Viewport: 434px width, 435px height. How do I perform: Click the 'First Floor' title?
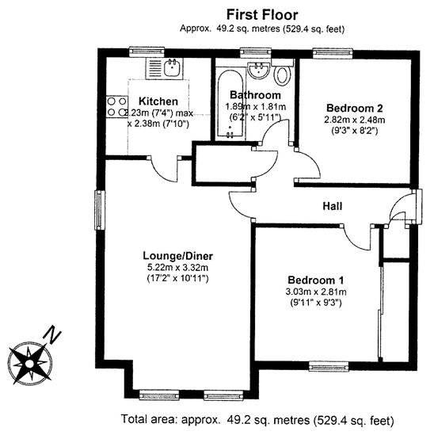262,15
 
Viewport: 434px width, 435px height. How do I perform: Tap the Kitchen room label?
158,101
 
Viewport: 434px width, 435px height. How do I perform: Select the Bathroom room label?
255,95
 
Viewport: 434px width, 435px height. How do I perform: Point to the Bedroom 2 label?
355,108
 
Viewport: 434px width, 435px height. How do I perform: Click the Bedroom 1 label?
315,280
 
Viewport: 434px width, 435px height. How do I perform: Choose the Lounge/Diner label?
177,256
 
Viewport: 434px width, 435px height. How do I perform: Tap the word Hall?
332,206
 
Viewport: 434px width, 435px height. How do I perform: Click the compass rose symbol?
29,364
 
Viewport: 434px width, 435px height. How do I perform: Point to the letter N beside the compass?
51,334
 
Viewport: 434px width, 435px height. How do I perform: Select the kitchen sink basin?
173,67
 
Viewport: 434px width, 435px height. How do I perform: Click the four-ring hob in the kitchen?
116,107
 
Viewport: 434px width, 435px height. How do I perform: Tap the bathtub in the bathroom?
230,104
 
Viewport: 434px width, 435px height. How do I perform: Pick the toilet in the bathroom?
282,72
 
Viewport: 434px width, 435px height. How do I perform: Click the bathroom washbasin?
258,71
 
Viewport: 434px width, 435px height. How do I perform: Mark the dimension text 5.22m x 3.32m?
177,268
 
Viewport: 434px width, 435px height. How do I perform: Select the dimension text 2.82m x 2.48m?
355,120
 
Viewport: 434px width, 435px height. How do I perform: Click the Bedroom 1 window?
329,366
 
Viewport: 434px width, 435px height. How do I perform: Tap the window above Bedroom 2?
333,53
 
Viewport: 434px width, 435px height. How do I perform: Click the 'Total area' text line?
257,419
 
